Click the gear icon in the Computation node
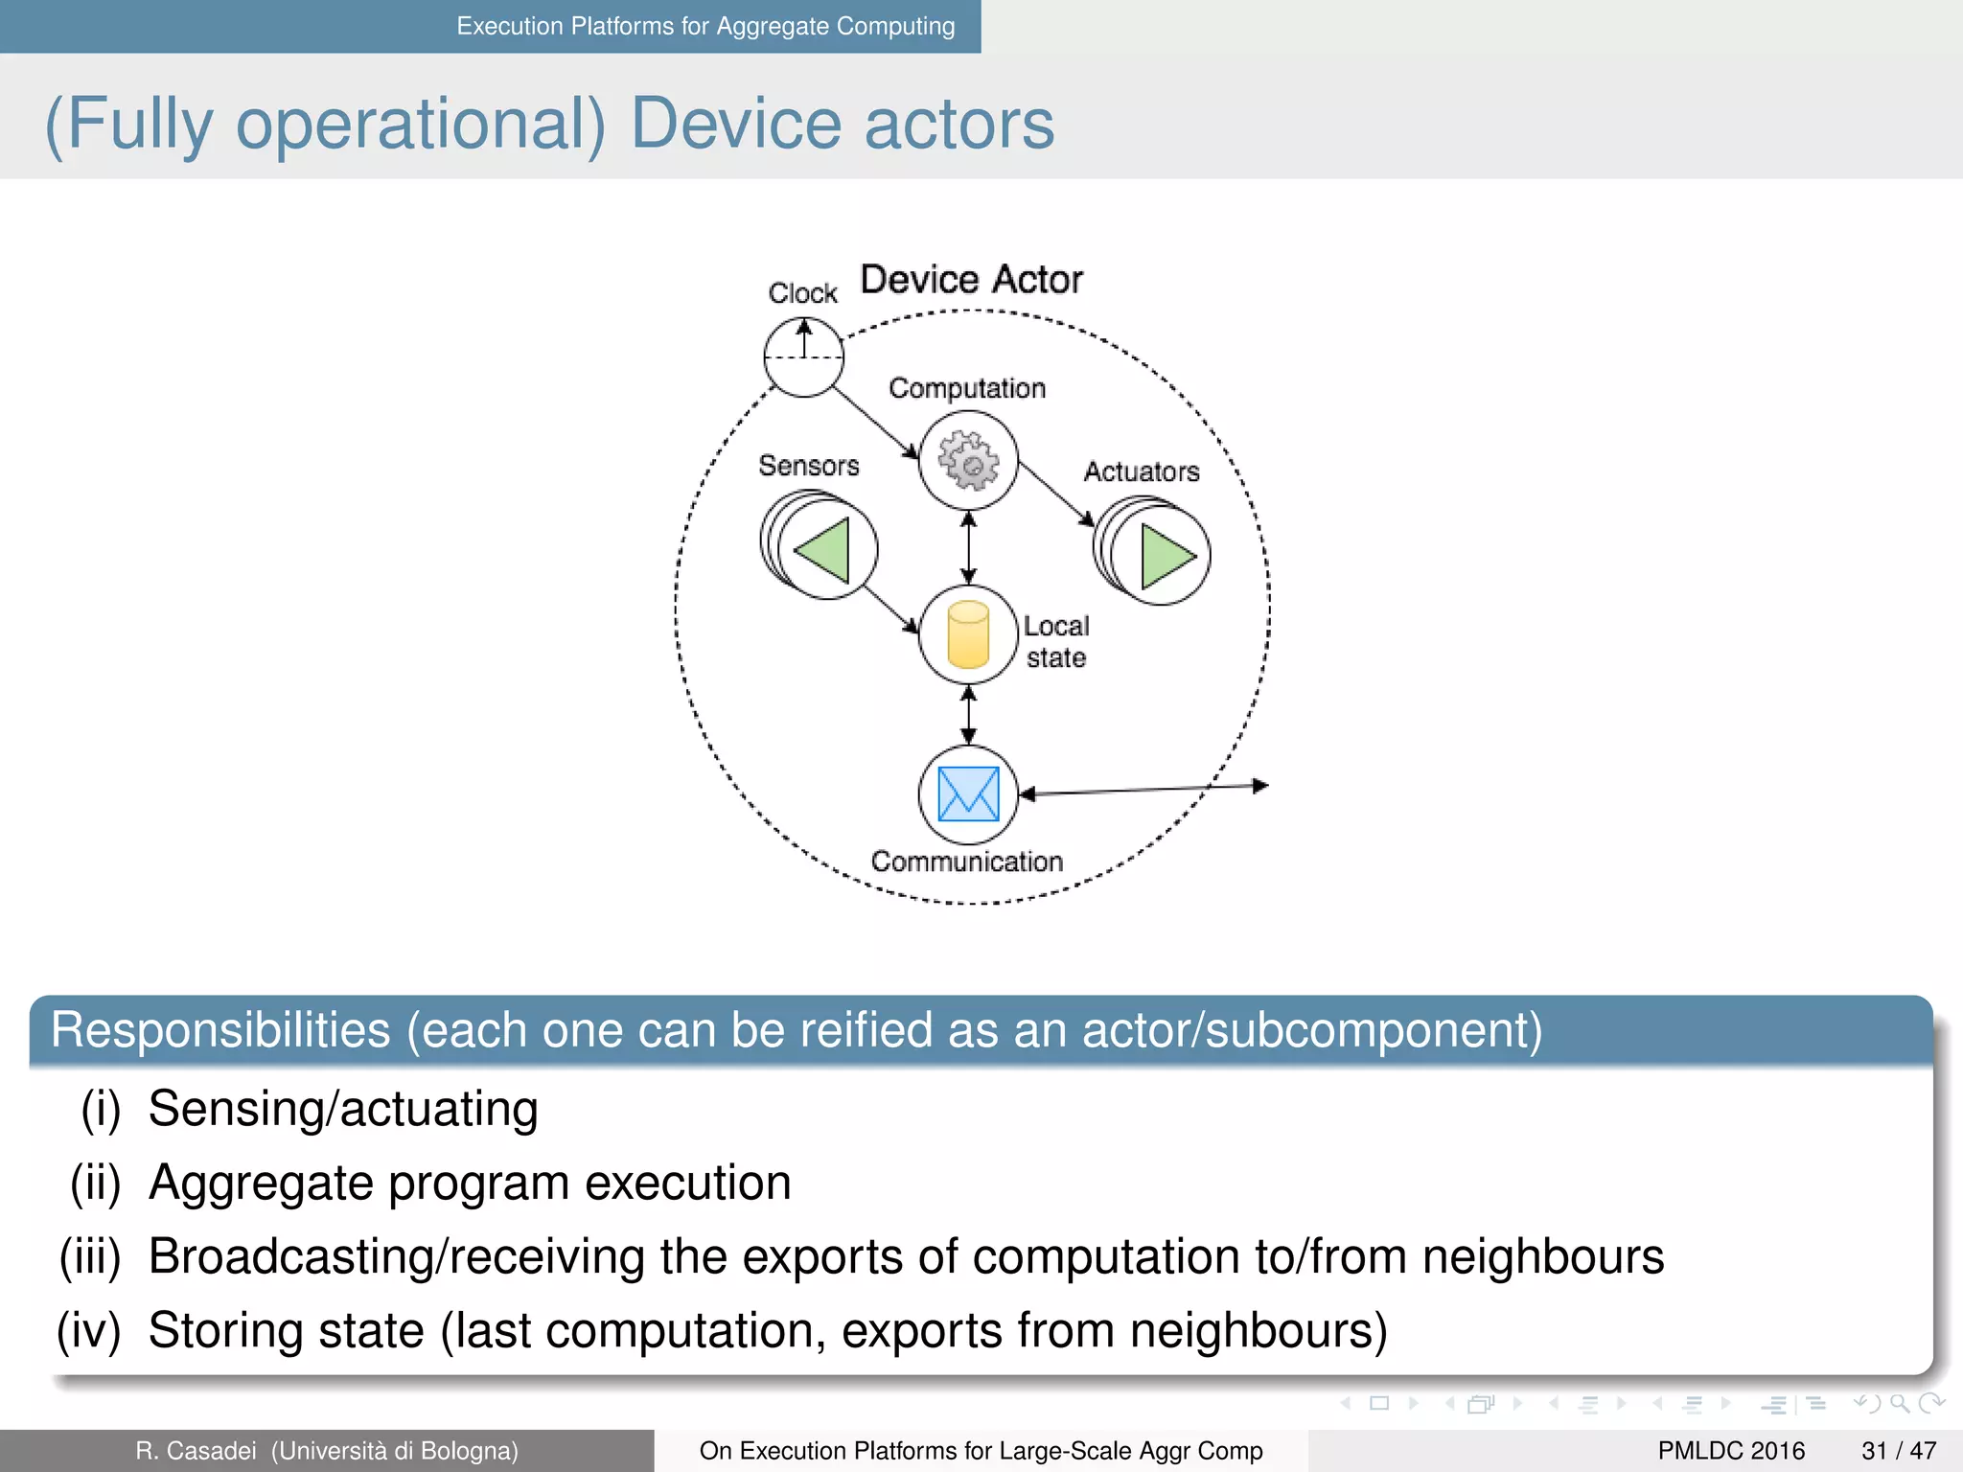pos(968,461)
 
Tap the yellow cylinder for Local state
pos(968,634)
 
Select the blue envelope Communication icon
pos(968,794)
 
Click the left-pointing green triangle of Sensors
pos(824,550)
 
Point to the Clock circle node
pos(803,357)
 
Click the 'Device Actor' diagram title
pos(971,280)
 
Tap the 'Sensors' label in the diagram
pos(808,466)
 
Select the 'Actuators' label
pos(1141,471)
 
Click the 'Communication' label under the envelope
pos(966,862)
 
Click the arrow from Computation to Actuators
pos(1055,494)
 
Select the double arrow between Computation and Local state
pos(968,548)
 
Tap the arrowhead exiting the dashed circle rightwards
pos(1260,786)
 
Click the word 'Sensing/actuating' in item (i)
pos(343,1109)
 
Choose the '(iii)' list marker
pos(91,1256)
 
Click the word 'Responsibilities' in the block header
pos(220,1030)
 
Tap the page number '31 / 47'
pos(1898,1451)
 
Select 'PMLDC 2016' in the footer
pos(1731,1451)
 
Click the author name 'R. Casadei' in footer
pos(196,1451)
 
